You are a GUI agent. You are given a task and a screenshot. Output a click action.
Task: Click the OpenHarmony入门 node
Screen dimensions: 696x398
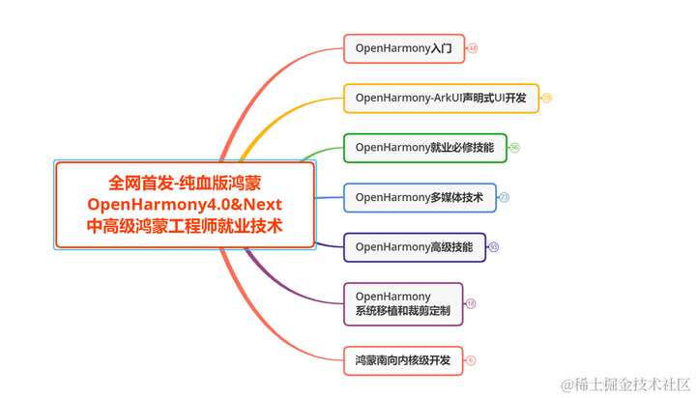pyautogui.click(x=404, y=48)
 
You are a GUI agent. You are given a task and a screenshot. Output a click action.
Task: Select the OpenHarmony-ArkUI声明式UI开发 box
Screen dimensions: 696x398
pyautogui.click(x=441, y=98)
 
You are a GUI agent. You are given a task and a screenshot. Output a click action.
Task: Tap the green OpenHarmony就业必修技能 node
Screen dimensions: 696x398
pyautogui.click(x=424, y=148)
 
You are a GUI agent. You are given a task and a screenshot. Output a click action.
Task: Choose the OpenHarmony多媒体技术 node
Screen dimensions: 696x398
pyautogui.click(x=420, y=197)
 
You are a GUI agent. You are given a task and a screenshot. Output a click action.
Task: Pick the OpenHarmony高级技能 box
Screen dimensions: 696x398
pyautogui.click(x=414, y=247)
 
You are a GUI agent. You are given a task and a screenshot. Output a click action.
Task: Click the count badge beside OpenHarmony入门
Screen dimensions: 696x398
pyautogui.click(x=473, y=48)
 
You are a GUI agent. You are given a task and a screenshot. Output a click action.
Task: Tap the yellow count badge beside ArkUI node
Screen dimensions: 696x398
pyautogui.click(x=546, y=98)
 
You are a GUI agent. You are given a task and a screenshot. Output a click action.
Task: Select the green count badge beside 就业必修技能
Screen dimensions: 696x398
pyautogui.click(x=514, y=148)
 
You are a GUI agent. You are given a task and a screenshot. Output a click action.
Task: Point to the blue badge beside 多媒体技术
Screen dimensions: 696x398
pyautogui.click(x=504, y=197)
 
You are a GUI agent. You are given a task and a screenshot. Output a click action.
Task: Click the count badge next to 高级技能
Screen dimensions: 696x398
pyautogui.click(x=493, y=247)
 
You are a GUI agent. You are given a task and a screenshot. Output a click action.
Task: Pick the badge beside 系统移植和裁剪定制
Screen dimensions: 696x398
pyautogui.click(x=471, y=303)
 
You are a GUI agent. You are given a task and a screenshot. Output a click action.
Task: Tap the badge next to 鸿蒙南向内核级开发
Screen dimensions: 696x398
pyautogui.click(x=471, y=360)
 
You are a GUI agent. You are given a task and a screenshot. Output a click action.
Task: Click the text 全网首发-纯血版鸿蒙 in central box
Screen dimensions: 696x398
pyautogui.click(x=185, y=182)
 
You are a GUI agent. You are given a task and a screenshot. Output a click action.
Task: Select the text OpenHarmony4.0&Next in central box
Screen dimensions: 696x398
pyautogui.click(x=185, y=204)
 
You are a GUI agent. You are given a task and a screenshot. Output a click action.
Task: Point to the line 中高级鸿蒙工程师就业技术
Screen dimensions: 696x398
pyautogui.click(x=185, y=227)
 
